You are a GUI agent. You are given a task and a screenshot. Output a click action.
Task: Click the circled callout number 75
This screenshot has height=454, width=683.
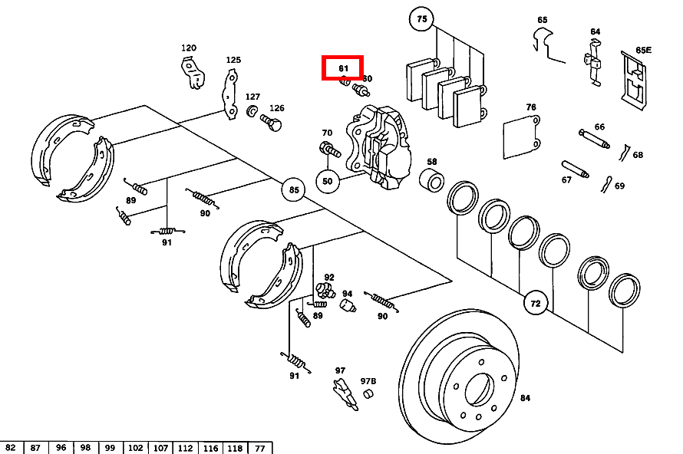(421, 18)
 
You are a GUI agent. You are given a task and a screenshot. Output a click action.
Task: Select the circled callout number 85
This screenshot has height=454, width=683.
(292, 189)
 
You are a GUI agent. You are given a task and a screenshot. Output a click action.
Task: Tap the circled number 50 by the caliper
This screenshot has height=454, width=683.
(328, 182)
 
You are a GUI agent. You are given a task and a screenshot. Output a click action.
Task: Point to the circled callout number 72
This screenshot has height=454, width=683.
(536, 304)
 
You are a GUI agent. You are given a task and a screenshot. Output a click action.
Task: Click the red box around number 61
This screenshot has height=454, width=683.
(342, 68)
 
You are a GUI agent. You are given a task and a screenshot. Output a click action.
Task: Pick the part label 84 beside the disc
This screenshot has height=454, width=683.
(525, 398)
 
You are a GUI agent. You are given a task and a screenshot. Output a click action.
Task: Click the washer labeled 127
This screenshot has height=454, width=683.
(252, 113)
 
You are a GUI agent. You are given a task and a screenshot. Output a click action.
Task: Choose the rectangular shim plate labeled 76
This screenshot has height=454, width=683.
(522, 138)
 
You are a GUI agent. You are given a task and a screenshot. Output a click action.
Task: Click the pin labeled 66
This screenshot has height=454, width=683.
(594, 139)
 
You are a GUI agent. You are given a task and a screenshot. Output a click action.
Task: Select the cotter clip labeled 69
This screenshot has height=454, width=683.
(606, 184)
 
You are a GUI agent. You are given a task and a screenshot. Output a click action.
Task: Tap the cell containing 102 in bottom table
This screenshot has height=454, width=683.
(136, 448)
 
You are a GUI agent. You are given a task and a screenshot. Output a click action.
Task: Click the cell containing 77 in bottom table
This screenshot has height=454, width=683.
(259, 448)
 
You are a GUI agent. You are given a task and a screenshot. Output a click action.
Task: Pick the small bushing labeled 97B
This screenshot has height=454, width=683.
(368, 394)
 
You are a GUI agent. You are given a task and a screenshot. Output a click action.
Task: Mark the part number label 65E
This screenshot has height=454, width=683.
(643, 51)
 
